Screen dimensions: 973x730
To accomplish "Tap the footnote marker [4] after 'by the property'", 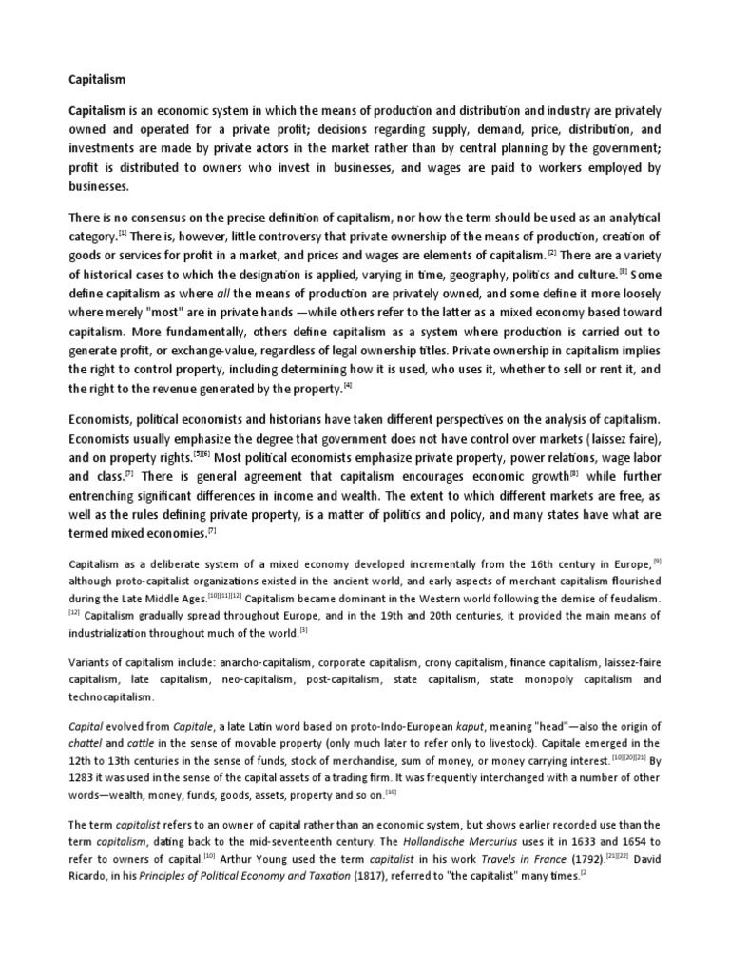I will coord(348,386).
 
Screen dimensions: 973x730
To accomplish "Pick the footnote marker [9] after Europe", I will coord(655,560).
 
